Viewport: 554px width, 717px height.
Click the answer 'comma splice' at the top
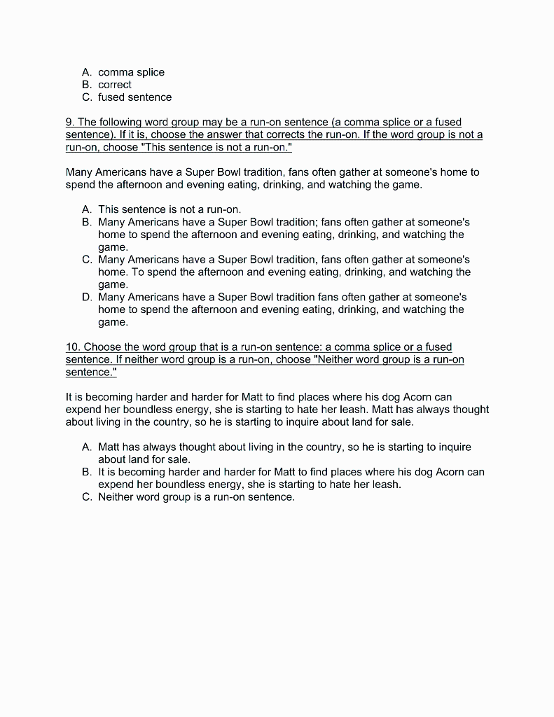[131, 72]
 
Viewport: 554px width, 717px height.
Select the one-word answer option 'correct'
[115, 85]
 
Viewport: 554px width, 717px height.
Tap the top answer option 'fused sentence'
[134, 97]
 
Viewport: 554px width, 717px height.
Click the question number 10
[72, 347]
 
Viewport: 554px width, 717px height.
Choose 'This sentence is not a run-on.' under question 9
[169, 209]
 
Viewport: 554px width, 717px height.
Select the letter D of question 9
[87, 297]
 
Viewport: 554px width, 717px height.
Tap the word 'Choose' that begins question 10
[102, 347]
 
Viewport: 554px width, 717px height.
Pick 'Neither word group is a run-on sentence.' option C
[196, 497]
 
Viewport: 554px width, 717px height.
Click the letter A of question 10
[87, 447]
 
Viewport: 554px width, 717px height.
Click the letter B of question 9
[87, 222]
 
